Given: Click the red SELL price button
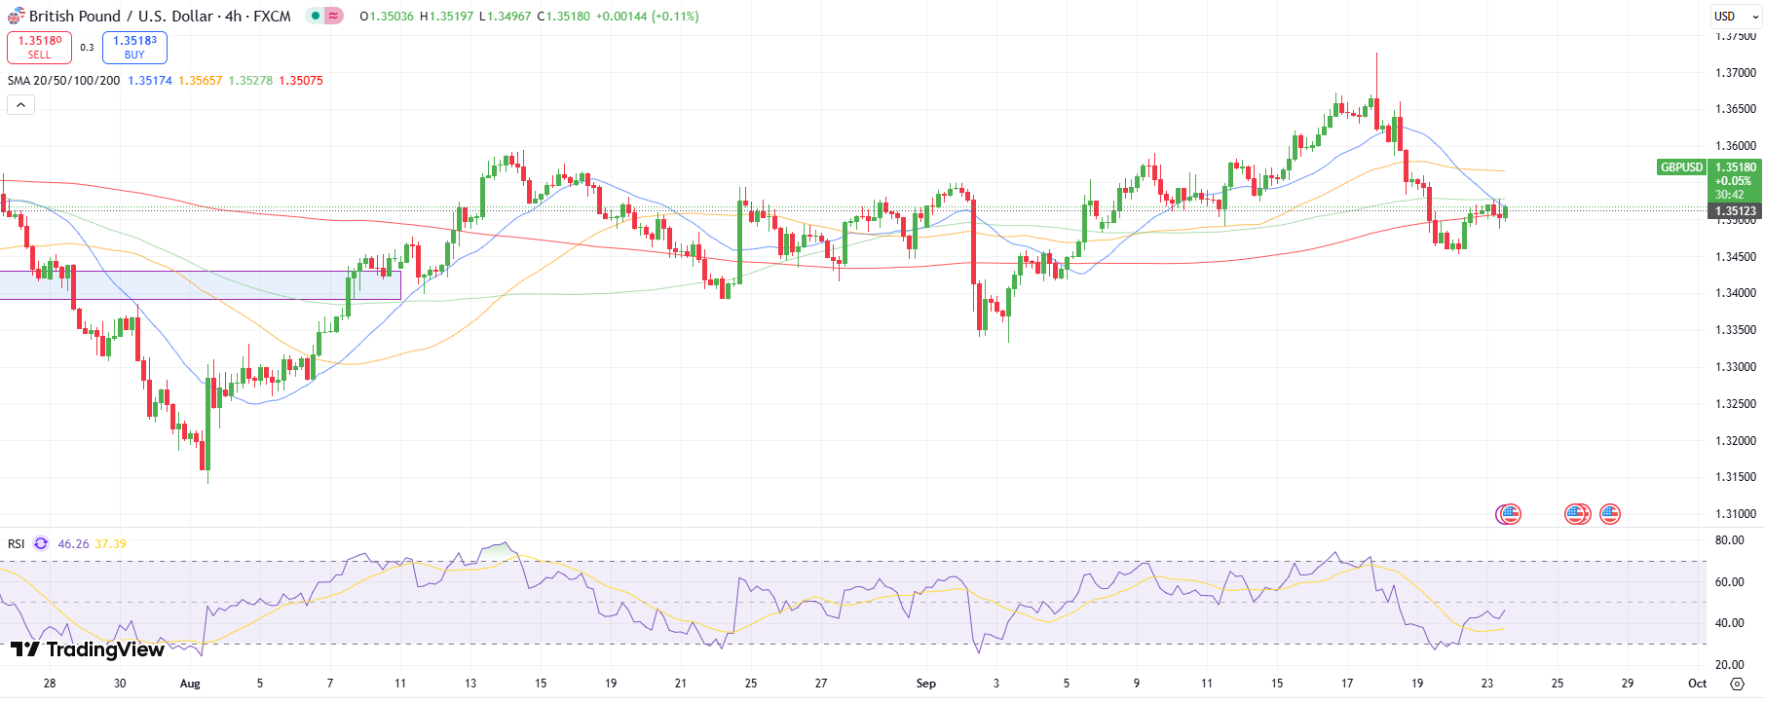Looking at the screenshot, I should pos(39,48).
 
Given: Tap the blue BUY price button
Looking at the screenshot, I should pos(134,48).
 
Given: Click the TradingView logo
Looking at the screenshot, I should pos(88,649).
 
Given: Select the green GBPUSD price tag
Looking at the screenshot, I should pos(1681,167).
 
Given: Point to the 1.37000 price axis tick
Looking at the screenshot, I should pos(1736,73).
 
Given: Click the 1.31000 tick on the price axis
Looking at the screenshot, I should pos(1736,514).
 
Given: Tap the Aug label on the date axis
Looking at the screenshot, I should pos(190,684).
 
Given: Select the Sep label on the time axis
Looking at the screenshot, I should pos(925,684).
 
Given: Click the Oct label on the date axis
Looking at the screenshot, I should pos(1697,684).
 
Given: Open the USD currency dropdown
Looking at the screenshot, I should pos(1736,17).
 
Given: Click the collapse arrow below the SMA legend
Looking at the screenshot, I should pos(20,104).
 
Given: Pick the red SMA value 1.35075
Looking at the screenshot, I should pos(301,81).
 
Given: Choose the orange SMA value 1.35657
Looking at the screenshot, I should pos(200,81).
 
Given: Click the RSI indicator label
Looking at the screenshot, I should pos(17,544).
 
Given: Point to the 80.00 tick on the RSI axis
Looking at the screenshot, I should pos(1729,540).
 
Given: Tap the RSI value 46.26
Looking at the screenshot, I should pos(73,544).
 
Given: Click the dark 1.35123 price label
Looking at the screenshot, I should pos(1736,211).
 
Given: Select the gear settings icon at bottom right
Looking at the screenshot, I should pos(1737,684).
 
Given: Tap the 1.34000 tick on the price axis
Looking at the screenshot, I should pos(1736,293).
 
